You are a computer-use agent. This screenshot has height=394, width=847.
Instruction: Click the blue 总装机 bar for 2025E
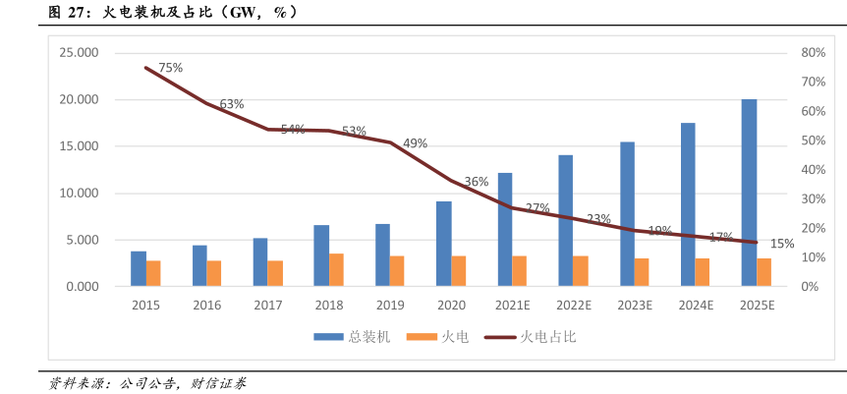coord(749,193)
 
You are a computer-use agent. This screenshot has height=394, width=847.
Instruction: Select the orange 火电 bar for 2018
coord(337,270)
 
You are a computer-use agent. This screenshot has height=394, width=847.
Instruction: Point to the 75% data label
coord(171,68)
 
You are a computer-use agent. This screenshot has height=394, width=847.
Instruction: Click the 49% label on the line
coord(415,143)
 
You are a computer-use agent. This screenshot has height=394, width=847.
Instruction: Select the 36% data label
coord(477,182)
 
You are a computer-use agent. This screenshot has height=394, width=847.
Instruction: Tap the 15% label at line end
coord(782,244)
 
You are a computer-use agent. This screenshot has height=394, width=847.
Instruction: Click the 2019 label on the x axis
coord(390,306)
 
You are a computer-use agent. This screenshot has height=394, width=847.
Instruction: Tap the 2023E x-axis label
coord(634,306)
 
